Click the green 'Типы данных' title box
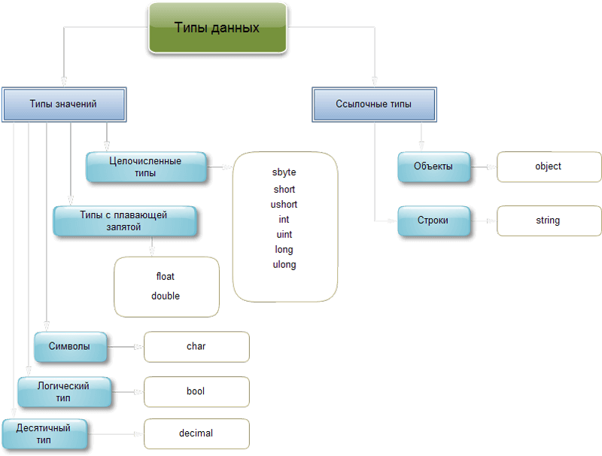tap(217, 28)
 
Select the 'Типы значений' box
tap(63, 105)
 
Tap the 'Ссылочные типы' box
tap(374, 105)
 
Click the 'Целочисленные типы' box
tap(145, 166)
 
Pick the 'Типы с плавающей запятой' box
tap(124, 220)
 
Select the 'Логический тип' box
tap(64, 391)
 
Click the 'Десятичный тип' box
tap(44, 434)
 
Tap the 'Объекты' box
tap(433, 166)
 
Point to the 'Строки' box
tap(433, 220)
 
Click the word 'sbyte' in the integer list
tap(284, 173)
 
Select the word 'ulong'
tap(284, 265)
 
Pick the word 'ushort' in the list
tap(284, 205)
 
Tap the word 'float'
tap(166, 277)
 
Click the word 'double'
tap(166, 296)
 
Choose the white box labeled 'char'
tap(196, 347)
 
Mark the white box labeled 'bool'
tap(196, 391)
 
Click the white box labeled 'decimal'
tap(196, 433)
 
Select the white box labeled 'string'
tap(549, 220)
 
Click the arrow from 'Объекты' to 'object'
tap(484, 166)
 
